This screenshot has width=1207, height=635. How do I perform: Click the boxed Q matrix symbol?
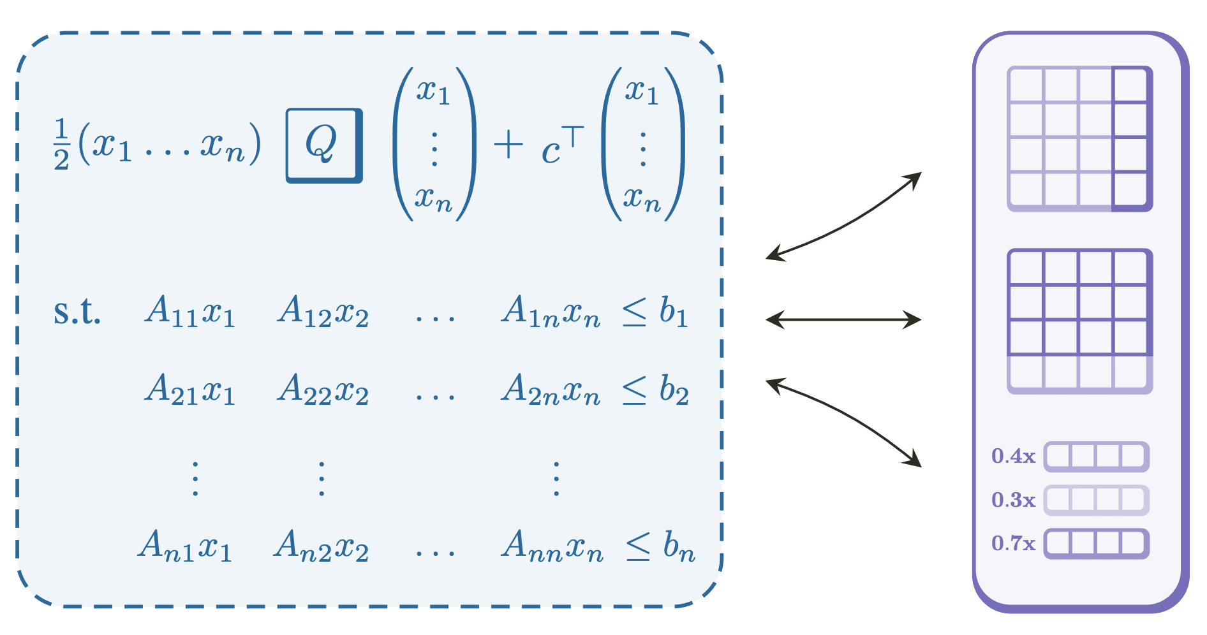(x=323, y=145)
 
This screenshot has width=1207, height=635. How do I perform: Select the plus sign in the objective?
(x=508, y=145)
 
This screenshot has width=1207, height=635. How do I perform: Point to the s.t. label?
(x=77, y=312)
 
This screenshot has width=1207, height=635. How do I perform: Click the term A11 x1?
(x=190, y=312)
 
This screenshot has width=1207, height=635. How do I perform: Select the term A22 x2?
(x=323, y=390)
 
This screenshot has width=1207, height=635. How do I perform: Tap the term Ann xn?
(x=552, y=546)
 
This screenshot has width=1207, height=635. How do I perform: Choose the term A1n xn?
(x=551, y=312)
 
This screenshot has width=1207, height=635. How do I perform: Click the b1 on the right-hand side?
(x=674, y=312)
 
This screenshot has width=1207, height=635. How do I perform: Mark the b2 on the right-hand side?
(x=674, y=390)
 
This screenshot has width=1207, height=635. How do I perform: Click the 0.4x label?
(x=1013, y=456)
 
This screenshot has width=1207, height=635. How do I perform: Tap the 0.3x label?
(x=1013, y=500)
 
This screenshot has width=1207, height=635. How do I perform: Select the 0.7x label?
(x=1013, y=544)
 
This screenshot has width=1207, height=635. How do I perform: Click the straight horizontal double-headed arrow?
(x=843, y=319)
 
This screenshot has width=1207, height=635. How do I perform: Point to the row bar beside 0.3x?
(x=1096, y=500)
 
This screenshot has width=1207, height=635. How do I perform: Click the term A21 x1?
(x=190, y=390)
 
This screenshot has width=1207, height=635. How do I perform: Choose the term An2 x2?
(x=321, y=546)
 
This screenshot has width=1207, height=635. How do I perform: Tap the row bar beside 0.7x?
(x=1096, y=544)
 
